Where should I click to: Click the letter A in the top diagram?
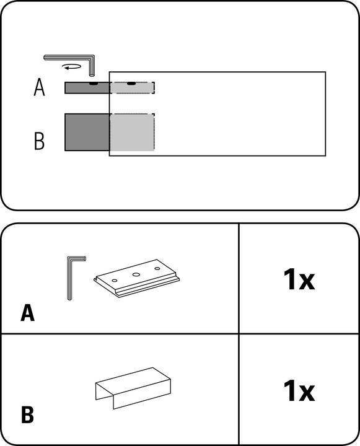(39, 87)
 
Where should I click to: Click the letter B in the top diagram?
(39, 141)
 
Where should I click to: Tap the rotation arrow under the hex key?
(72, 67)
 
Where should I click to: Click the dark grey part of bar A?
(87, 88)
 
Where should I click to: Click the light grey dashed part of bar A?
(132, 88)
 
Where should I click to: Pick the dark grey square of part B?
(87, 132)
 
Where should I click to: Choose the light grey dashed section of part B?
(132, 133)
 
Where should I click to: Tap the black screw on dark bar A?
(93, 84)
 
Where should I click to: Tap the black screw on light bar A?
(131, 84)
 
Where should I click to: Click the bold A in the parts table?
(28, 313)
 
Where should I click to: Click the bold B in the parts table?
(27, 414)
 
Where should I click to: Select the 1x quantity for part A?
(299, 279)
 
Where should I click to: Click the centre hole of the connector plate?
(136, 274)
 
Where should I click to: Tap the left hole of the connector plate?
(115, 281)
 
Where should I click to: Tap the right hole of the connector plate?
(157, 268)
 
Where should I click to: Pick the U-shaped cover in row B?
(133, 388)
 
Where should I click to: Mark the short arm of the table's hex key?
(77, 258)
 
